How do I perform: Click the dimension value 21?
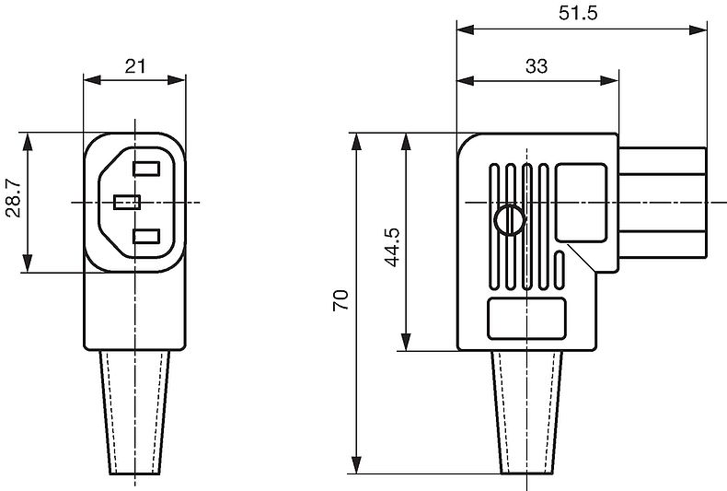pos(135,66)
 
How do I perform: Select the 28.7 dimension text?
pos(14,198)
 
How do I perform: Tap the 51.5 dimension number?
pos(578,13)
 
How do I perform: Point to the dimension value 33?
pos(537,66)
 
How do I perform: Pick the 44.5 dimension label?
pos(392,247)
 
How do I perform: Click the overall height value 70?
pos(340,300)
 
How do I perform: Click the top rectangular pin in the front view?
pos(146,169)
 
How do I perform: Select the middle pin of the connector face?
pos(127,203)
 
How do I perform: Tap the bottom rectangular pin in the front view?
pos(146,236)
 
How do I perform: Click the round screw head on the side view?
pos(510,219)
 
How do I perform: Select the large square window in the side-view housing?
pos(582,203)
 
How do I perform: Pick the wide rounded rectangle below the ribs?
pos(526,319)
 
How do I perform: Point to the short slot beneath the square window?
pos(560,270)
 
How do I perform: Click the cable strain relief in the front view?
pos(135,413)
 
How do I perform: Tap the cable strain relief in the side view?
pos(527,412)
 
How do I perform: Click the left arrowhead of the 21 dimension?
pos(92,80)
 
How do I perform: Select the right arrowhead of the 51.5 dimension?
pos(698,30)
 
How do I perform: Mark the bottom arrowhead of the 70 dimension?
pos(356,465)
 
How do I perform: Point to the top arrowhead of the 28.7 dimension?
pos(28,142)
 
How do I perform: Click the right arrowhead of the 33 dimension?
pos(609,80)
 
